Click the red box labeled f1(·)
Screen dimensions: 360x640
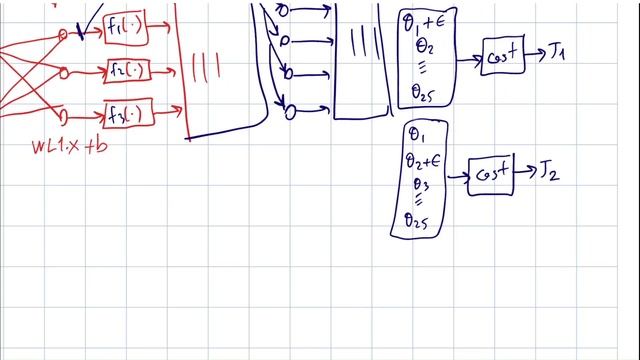pyautogui.click(x=126, y=32)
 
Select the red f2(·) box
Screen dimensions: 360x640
pyautogui.click(x=130, y=72)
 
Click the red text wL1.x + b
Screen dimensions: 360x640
pyautogui.click(x=68, y=147)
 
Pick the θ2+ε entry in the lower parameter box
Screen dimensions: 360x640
pyautogui.click(x=424, y=160)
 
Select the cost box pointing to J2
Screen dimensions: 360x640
pyautogui.click(x=490, y=175)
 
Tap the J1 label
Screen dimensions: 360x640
pyautogui.click(x=557, y=52)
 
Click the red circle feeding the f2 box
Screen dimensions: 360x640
pyautogui.click(x=65, y=72)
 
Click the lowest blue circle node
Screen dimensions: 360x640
pyautogui.click(x=290, y=112)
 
